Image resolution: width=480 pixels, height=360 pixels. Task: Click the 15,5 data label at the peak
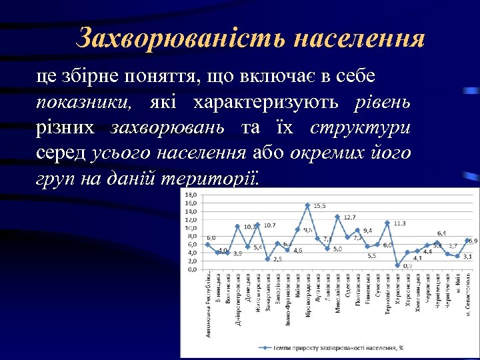[320, 206]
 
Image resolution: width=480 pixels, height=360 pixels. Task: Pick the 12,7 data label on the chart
[349, 217]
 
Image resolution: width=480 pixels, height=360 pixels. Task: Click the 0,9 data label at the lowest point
[407, 265]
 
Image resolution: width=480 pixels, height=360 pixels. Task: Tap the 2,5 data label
[277, 259]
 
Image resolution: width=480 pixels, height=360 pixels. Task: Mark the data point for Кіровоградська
[307, 205]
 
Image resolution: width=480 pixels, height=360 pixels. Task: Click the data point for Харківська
[397, 265]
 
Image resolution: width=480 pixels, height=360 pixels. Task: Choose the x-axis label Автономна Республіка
[208, 303]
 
